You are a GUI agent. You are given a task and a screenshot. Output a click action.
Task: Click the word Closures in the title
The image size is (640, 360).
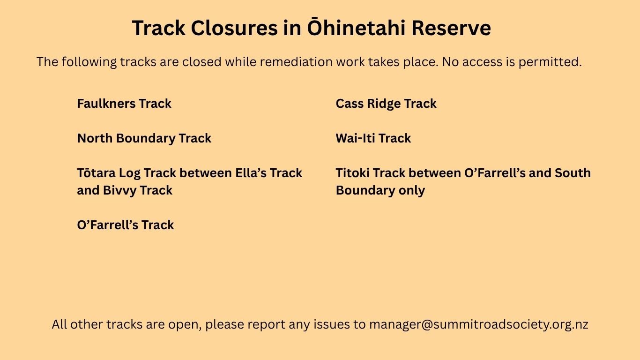[x=234, y=28]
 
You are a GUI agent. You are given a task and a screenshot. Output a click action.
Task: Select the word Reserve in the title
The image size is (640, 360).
[x=452, y=28]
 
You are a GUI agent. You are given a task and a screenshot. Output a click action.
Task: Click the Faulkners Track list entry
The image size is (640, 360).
[x=124, y=104]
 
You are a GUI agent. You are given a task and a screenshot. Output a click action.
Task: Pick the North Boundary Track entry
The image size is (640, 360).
[x=144, y=138]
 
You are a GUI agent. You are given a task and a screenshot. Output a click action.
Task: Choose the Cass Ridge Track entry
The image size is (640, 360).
[x=386, y=104]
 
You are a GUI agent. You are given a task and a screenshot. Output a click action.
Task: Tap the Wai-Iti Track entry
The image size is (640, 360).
[x=373, y=138]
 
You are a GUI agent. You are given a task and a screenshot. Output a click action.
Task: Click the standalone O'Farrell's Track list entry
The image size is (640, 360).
[x=126, y=225]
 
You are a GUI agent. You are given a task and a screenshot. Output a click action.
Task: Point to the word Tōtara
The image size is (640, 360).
[x=97, y=172]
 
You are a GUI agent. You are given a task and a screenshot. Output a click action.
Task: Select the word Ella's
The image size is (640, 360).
[x=251, y=172]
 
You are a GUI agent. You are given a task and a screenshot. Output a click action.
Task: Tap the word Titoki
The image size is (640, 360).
[x=353, y=172]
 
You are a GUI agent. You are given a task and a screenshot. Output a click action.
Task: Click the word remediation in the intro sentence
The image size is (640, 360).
[x=296, y=62]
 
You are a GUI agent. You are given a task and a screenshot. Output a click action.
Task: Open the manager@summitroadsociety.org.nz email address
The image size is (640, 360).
[x=479, y=325]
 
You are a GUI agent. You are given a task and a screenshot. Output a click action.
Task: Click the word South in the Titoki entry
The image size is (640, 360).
[x=573, y=172]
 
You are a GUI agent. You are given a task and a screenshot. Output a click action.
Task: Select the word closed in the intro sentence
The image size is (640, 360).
[x=202, y=62]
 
